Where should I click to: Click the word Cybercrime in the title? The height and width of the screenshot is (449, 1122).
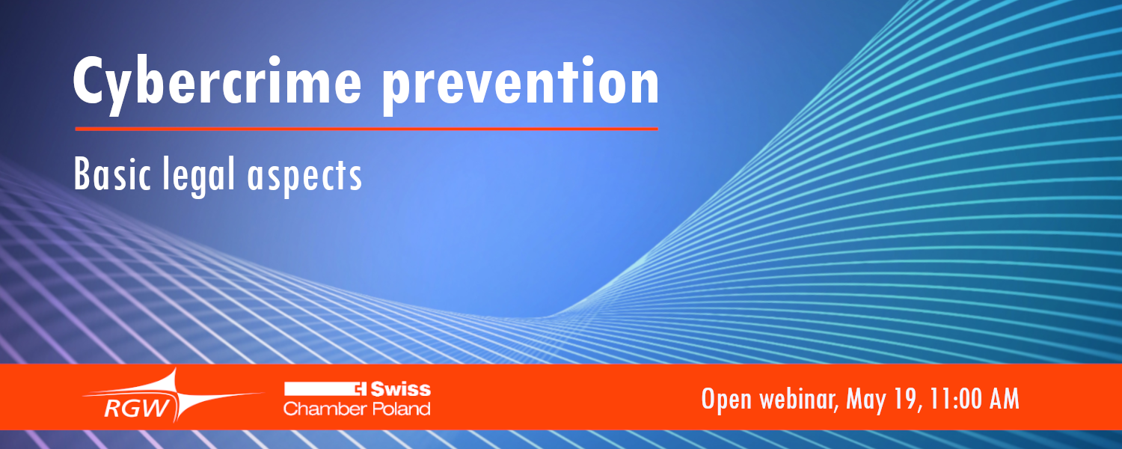pyautogui.click(x=217, y=84)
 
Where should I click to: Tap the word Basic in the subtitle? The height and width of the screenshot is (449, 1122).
pyautogui.click(x=112, y=174)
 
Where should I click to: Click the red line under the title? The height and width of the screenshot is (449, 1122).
pyautogui.click(x=367, y=129)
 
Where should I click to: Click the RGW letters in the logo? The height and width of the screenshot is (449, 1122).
pyautogui.click(x=137, y=409)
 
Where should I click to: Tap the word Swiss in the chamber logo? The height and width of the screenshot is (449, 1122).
pyautogui.click(x=400, y=389)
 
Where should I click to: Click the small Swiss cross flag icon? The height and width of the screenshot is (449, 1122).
pyautogui.click(x=360, y=389)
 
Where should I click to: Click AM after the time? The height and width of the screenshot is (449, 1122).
pyautogui.click(x=1005, y=400)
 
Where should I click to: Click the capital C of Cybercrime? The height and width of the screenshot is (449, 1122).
pyautogui.click(x=88, y=80)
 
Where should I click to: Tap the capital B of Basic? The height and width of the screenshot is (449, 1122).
pyautogui.click(x=82, y=174)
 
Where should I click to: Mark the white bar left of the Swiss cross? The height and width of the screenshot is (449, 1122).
pyautogui.click(x=319, y=389)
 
